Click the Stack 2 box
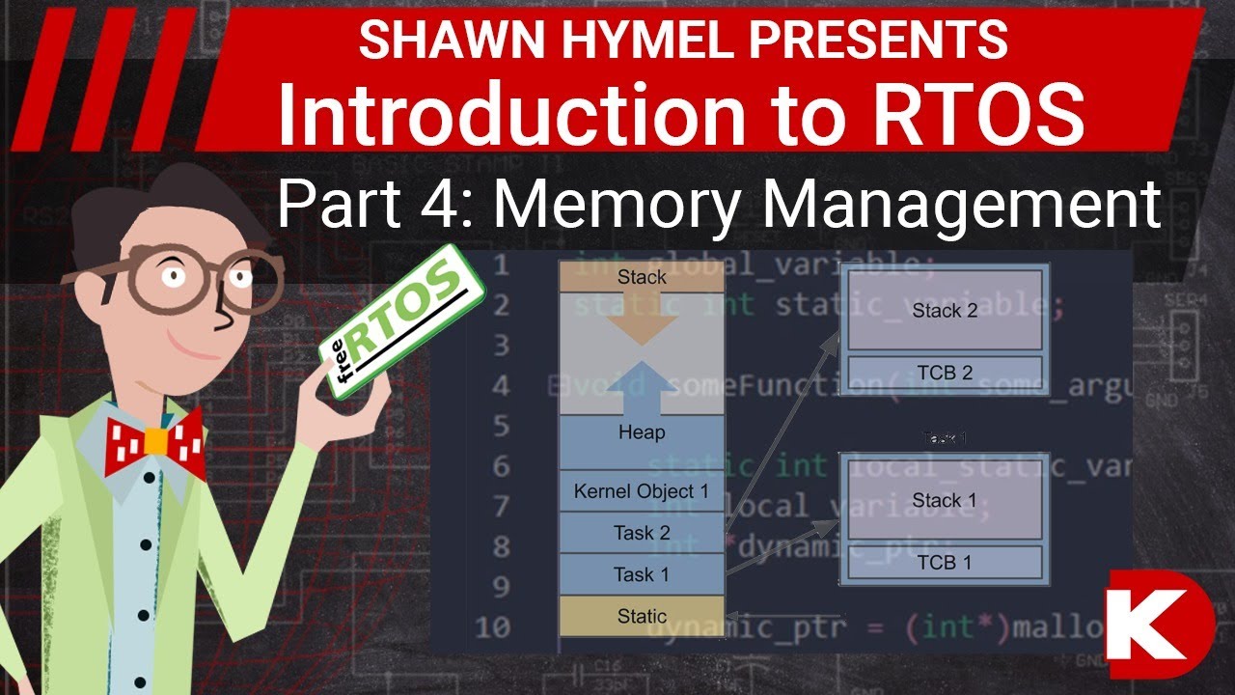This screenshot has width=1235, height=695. tap(945, 310)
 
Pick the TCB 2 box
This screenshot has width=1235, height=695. tap(945, 373)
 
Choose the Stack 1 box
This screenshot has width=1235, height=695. tap(945, 499)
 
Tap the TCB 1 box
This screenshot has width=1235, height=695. tap(945, 562)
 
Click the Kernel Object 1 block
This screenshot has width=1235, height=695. tap(641, 491)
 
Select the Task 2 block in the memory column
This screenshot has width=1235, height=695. tap(641, 532)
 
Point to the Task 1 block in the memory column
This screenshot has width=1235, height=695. tap(641, 574)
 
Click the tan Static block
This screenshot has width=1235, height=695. tap(641, 616)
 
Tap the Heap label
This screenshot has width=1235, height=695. tap(641, 431)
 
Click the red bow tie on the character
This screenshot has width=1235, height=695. tap(157, 443)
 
